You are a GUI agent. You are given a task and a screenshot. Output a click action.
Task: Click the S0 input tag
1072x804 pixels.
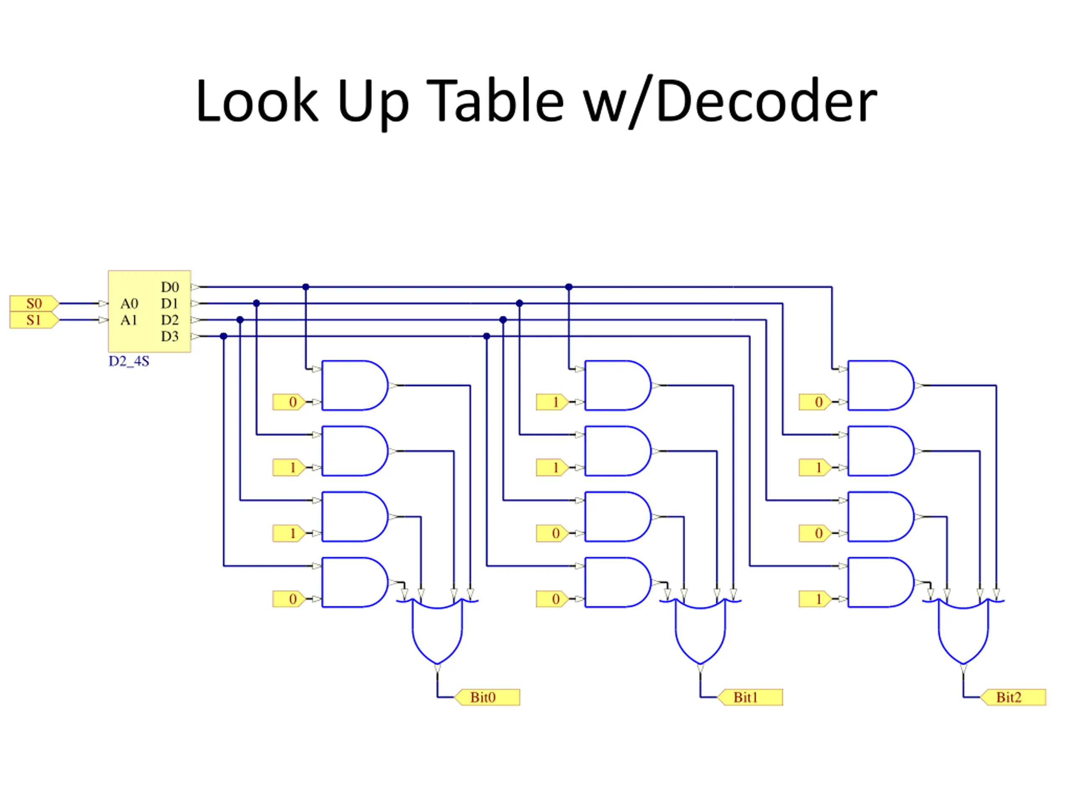[34, 303]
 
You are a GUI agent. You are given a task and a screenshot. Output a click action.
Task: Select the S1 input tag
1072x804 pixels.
[34, 320]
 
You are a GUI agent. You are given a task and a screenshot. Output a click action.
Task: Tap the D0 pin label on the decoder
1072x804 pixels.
[170, 287]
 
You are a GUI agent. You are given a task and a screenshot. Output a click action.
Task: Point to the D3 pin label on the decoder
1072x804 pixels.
[170, 336]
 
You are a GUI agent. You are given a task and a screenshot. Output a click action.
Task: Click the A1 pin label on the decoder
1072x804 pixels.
[129, 320]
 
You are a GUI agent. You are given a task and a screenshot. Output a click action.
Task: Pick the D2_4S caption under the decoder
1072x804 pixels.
[129, 361]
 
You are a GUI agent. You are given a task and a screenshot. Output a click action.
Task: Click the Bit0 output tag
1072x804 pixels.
[487, 697]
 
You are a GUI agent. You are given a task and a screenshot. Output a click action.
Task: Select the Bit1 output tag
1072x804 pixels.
[750, 697]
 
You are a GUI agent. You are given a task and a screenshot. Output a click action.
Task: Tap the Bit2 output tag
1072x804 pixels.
[1013, 697]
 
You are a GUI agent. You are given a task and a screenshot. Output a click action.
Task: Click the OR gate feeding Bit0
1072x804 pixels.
[437, 630]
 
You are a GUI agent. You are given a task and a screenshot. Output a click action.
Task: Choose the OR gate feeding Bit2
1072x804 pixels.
[964, 630]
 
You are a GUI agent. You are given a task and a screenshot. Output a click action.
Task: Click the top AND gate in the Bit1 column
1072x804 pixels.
[618, 385]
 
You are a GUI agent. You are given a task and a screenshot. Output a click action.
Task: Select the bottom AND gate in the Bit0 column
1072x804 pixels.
[355, 582]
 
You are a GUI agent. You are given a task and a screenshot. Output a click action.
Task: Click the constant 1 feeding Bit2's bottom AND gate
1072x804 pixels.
[815, 599]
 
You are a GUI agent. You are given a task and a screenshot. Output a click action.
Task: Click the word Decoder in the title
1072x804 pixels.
[767, 101]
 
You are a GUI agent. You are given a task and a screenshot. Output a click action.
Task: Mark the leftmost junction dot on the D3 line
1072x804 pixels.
[224, 336]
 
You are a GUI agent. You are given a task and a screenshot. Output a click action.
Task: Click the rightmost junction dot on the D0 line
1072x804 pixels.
[569, 287]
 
